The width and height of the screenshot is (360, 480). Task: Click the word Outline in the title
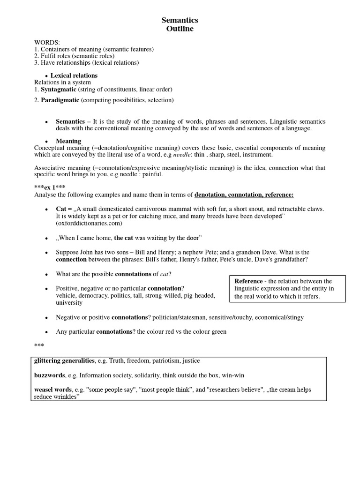tap(180, 29)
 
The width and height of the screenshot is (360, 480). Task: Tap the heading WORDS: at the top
tap(47, 43)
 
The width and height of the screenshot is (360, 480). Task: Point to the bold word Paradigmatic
tap(60, 100)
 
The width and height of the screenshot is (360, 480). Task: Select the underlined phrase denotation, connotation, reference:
tap(244, 195)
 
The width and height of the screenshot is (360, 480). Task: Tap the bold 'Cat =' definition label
tap(64, 209)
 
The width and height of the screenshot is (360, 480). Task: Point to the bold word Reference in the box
tap(248, 281)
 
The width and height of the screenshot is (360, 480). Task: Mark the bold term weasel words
tap(53, 390)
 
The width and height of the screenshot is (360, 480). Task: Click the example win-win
tap(233, 375)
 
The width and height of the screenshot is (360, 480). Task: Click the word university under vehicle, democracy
tap(69, 303)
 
